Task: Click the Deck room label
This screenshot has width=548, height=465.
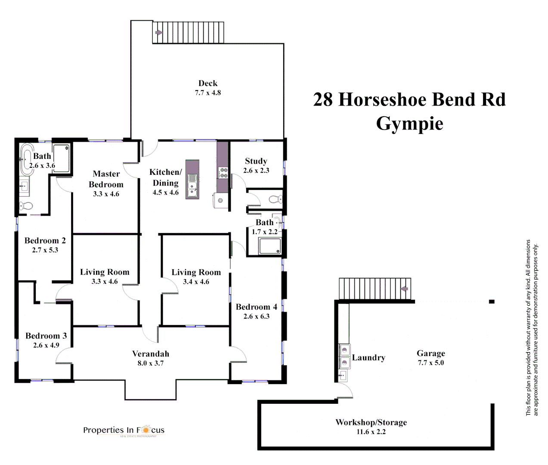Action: pos(208,84)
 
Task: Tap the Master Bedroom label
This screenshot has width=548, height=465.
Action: pos(106,179)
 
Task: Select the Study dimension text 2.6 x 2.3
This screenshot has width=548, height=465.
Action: pos(256,170)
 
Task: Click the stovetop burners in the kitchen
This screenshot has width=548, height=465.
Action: pos(223,173)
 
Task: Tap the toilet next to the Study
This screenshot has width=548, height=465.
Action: pos(274,199)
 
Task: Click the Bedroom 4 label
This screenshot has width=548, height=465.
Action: pos(256,307)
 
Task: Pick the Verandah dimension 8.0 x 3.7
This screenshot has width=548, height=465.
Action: pos(151,363)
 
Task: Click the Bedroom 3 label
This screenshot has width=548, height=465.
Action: pos(46,336)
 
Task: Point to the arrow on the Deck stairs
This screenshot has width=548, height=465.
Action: pos(158,32)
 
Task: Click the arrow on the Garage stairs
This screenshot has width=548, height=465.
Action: pos(404,288)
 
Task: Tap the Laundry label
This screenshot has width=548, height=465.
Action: pos(368,358)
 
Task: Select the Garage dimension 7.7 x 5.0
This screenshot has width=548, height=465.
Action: pos(430,363)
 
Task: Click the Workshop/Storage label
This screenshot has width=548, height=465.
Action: pos(371,422)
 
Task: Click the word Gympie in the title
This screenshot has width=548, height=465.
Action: pos(409,124)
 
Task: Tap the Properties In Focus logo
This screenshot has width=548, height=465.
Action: pos(124,430)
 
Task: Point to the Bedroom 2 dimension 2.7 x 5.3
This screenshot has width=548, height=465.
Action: pos(45,250)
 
